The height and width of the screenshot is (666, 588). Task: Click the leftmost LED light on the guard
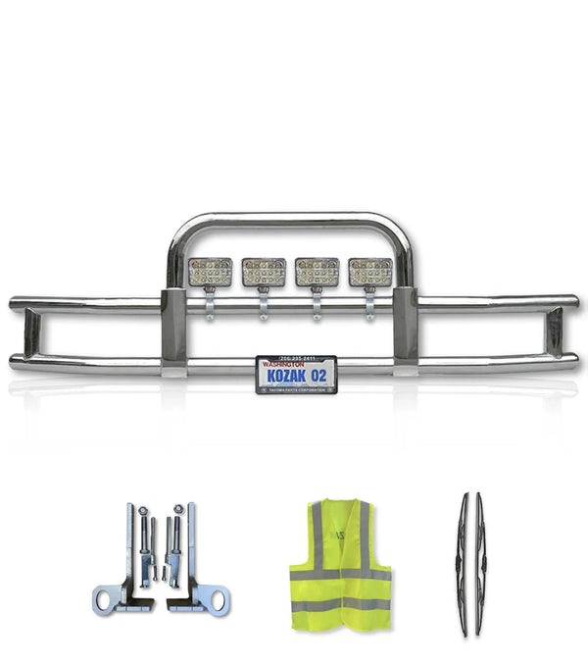(211, 272)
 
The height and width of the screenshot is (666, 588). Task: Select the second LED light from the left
(264, 272)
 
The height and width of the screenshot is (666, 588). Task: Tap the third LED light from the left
(317, 272)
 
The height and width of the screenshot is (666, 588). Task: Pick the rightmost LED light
(369, 272)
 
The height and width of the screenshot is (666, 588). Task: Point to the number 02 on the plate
(321, 375)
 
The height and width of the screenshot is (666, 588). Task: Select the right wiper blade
(480, 549)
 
